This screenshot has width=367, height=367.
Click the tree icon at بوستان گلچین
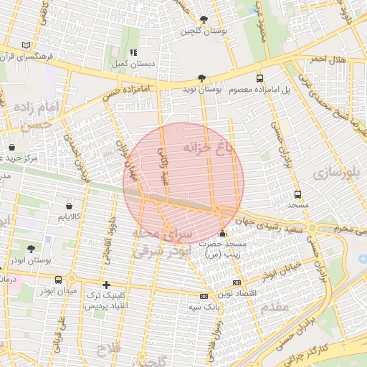[204, 19]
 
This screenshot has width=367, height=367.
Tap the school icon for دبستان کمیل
[133, 52]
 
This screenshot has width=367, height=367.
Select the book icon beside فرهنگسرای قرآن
[27, 44]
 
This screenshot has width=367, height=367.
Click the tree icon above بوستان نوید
[201, 79]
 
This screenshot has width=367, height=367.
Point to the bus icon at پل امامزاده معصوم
[259, 79]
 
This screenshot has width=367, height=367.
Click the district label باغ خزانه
[208, 148]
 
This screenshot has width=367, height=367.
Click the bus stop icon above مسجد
[297, 194]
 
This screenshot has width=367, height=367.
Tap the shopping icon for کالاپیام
[70, 204]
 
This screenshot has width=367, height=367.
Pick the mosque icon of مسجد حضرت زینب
[222, 234]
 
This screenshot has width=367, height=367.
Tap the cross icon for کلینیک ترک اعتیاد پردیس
[107, 285]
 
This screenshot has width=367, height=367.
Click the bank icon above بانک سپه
[204, 296]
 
